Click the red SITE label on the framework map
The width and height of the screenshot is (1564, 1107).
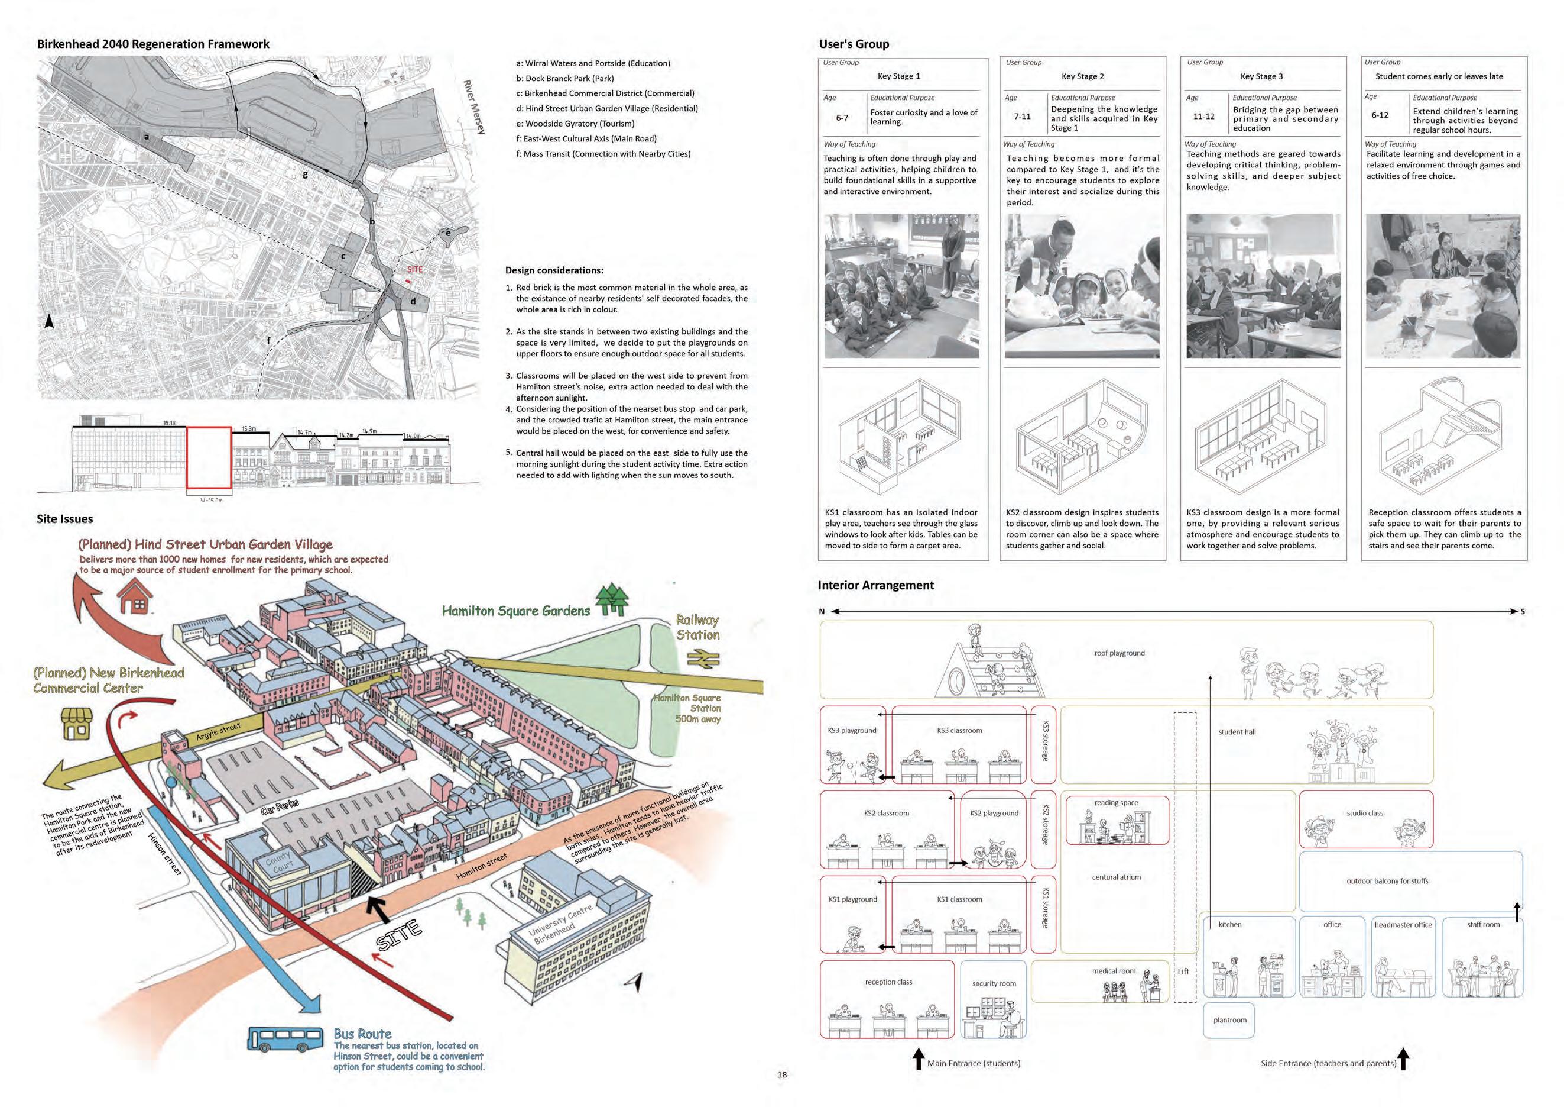click(415, 269)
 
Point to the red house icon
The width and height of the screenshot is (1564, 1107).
click(135, 598)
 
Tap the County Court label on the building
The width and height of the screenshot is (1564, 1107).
click(278, 861)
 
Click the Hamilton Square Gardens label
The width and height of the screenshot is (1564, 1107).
click(515, 611)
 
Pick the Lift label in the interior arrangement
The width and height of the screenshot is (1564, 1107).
click(1184, 972)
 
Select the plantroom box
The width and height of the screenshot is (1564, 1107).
click(1229, 1020)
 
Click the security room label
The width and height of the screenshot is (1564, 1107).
click(994, 983)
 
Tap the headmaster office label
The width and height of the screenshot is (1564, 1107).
click(1403, 925)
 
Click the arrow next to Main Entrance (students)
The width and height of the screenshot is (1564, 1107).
click(918, 1058)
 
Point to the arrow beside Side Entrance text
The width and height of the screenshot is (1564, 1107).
click(1403, 1058)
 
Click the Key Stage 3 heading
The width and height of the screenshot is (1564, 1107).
click(1261, 76)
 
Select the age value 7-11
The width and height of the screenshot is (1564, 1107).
click(1022, 117)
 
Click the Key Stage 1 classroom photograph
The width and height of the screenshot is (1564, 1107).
click(902, 286)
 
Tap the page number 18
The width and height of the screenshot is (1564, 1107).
click(782, 1074)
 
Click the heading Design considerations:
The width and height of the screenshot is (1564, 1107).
click(554, 270)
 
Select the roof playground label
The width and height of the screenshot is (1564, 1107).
click(1119, 653)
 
